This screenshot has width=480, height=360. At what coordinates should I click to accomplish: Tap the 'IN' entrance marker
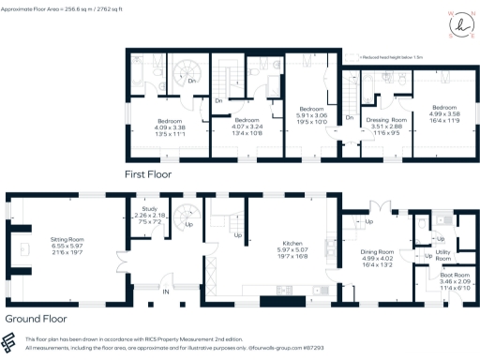(167, 292)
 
